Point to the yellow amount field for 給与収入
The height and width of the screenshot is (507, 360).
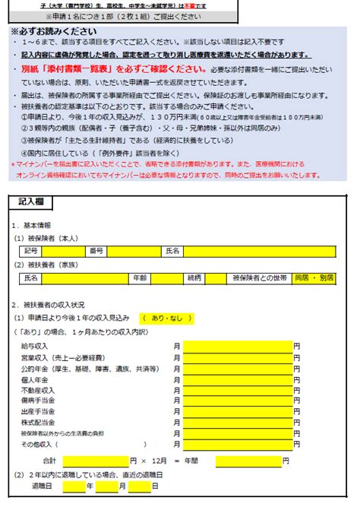237,346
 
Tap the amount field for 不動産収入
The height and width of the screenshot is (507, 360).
237,389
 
